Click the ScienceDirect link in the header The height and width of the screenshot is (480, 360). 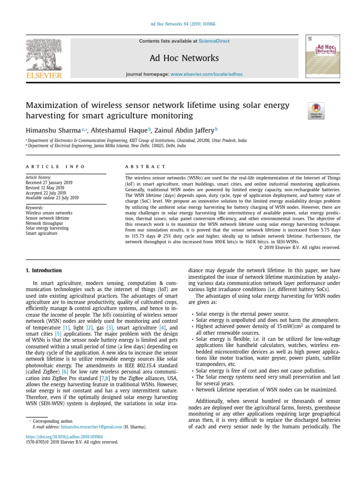[x=214, y=41]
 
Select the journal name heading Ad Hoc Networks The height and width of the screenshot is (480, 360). [x=184, y=59]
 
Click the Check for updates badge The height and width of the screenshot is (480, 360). [x=316, y=111]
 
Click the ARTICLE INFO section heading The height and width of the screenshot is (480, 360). [x=55, y=166]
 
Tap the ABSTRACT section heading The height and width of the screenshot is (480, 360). [x=145, y=166]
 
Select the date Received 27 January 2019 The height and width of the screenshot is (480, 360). [x=51, y=183]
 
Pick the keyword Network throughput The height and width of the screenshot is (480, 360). [x=46, y=223]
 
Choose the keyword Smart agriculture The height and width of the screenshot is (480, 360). [x=41, y=233]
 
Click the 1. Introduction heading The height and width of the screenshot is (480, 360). [x=44, y=270]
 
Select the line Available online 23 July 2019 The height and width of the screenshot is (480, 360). [x=52, y=198]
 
